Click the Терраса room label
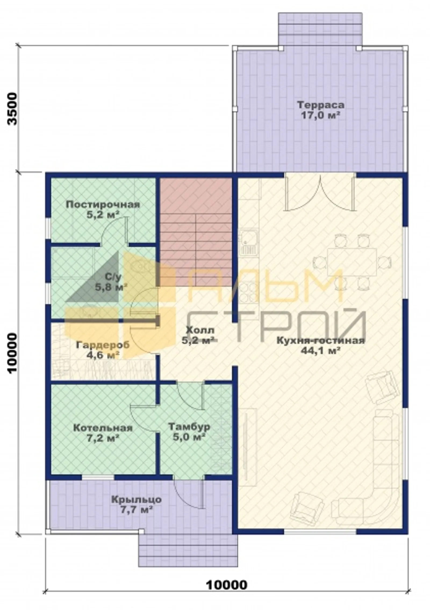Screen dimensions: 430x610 point(320,105)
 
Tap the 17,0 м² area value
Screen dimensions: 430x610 point(320,116)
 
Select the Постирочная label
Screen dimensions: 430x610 point(103,205)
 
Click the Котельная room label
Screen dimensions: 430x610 point(103,428)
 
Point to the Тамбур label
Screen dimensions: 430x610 point(189,426)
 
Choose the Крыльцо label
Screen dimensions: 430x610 point(137,499)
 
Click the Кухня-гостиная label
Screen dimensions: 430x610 point(321,340)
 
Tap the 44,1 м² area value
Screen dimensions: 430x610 point(321,351)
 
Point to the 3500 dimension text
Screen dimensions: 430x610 point(12,109)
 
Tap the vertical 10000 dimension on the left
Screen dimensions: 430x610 point(12,354)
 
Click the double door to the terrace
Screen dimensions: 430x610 point(320,192)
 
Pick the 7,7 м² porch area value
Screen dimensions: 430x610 point(137,510)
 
